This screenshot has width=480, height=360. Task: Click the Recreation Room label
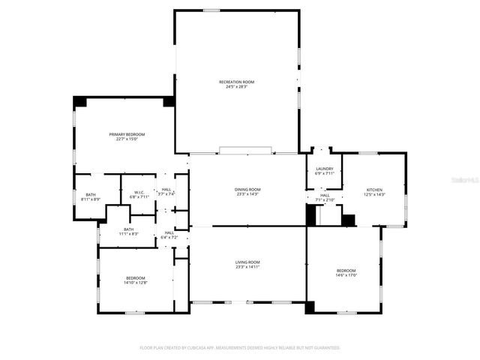tap(236, 82)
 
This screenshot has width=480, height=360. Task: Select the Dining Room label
tap(247, 189)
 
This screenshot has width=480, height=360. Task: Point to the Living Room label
tap(247, 262)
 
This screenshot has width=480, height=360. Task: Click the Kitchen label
tap(374, 190)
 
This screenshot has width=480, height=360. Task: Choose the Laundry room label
tap(325, 169)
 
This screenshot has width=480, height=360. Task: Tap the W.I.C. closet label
tap(139, 192)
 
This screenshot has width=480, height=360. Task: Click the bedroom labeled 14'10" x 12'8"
tap(136, 277)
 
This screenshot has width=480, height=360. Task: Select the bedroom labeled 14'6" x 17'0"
tap(346, 270)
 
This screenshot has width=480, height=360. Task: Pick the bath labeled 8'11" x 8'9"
tap(91, 195)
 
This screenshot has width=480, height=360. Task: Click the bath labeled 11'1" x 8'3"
tap(129, 229)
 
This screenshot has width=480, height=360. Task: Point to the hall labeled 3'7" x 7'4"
tap(166, 190)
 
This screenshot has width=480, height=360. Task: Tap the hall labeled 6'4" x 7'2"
tap(170, 232)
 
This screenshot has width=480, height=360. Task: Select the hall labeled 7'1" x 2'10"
tap(325, 196)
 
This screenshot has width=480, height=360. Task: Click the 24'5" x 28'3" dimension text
tap(236, 86)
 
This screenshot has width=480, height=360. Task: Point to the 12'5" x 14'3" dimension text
tap(374, 194)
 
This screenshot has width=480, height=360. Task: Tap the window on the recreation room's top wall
tap(211, 10)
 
